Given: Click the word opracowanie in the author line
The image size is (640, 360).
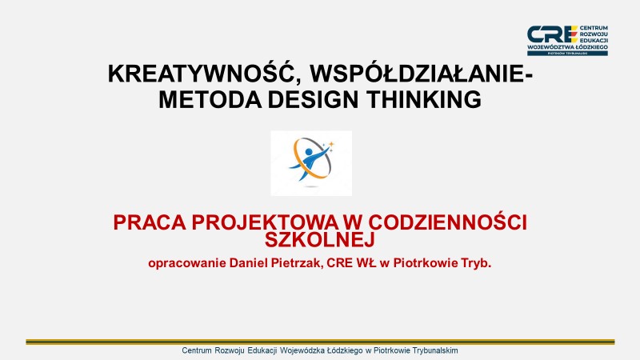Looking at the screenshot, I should point(188,262).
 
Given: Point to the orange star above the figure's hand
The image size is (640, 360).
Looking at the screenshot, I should point(331,144).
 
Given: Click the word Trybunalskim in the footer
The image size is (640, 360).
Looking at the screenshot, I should point(430,351).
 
